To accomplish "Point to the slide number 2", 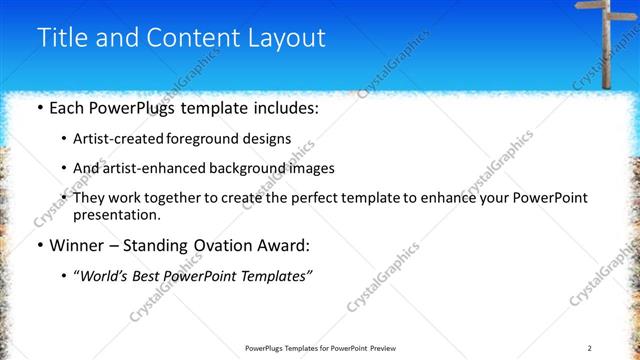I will (589, 347).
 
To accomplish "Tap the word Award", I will (281, 245).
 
